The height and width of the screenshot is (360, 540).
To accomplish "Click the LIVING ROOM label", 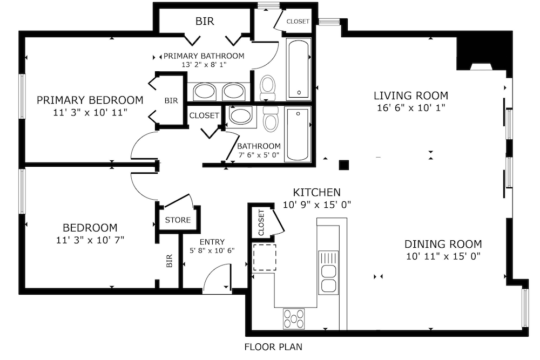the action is tap(411, 96).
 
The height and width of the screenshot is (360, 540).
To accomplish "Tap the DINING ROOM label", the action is tap(443, 244).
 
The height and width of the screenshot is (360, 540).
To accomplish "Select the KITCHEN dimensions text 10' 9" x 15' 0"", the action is tap(317, 205).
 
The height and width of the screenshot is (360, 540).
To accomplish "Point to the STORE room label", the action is tap(178, 220).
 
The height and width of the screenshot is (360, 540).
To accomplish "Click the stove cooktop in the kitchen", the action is tap(294, 318).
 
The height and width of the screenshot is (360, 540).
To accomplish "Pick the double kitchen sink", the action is tap(328, 273).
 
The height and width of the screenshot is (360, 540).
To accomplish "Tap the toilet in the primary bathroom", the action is tap(268, 87).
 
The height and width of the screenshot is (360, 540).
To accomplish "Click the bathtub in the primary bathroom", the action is tap(298, 69).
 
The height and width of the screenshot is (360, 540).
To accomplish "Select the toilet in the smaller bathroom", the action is tap(271, 119).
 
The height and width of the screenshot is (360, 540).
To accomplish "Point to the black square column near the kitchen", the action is tap(343, 165).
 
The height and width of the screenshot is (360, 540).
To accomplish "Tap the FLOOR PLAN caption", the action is tap(273, 347).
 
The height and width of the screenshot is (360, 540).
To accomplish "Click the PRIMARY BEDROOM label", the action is tap(90, 100).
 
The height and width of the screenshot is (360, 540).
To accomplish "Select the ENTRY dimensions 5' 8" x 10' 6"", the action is tap(212, 250).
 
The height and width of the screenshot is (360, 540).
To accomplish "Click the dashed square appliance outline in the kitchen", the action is tap(265, 257).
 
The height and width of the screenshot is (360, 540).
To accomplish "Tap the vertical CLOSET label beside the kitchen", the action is tap(261, 222).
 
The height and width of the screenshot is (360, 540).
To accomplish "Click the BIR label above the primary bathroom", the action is tap(205, 22).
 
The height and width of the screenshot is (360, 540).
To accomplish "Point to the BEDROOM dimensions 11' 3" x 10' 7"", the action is tap(90, 240).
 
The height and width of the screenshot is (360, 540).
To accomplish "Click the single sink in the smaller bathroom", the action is tap(241, 117).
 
